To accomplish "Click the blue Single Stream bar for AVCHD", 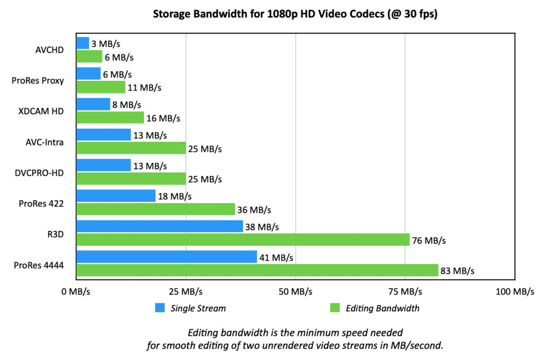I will pyautogui.click(x=83, y=43).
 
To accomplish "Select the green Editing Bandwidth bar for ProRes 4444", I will pyautogui.click(x=257, y=271).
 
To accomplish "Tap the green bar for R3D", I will pyautogui.click(x=243, y=240).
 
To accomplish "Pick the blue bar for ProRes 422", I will pyautogui.click(x=116, y=196).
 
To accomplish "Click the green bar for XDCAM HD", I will pyautogui.click(x=110, y=117).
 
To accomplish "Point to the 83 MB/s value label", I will pyautogui.click(x=458, y=271).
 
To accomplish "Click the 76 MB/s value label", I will pyautogui.click(x=429, y=241).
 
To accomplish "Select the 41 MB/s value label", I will pyautogui.click(x=276, y=258).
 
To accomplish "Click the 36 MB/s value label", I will pyautogui.click(x=255, y=210).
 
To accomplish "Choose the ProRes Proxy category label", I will pyautogui.click(x=38, y=81).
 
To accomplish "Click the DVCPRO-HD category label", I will pyautogui.click(x=39, y=172).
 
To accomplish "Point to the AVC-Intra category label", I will pyautogui.click(x=44, y=142).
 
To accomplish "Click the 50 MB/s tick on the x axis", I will pyautogui.click(x=295, y=292).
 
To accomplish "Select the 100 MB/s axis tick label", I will pyautogui.click(x=515, y=292).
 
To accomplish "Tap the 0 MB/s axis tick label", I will pyautogui.click(x=77, y=292).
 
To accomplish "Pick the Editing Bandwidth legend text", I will pyautogui.click(x=382, y=308).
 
